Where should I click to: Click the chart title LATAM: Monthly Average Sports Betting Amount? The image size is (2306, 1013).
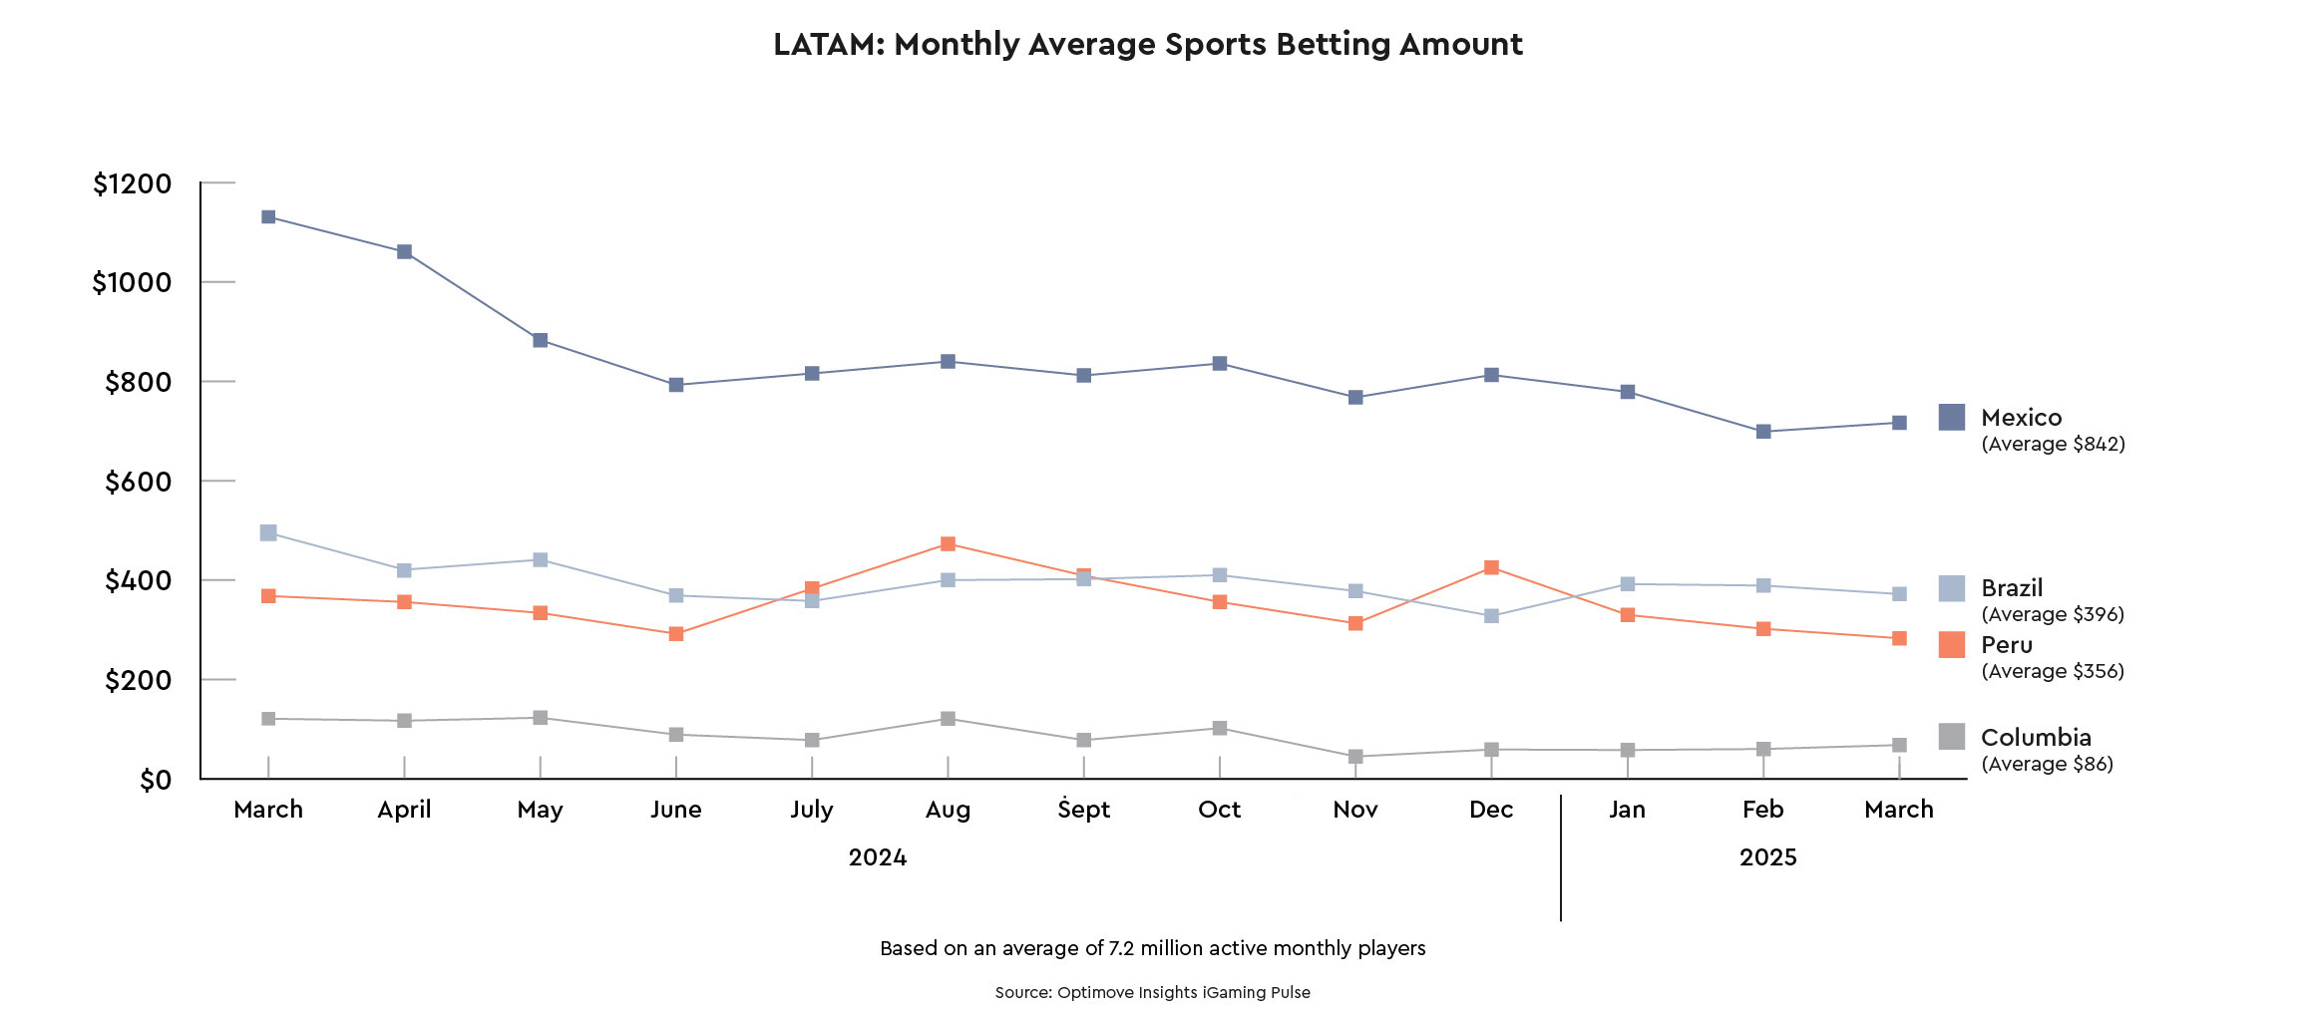tap(1148, 45)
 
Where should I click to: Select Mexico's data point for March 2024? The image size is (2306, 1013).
tap(268, 217)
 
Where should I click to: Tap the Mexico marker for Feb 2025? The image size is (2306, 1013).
tap(1763, 432)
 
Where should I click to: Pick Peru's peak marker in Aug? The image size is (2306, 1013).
tap(948, 544)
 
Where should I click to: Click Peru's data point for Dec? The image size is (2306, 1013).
tap(1491, 568)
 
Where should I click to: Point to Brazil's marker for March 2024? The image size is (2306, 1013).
tap(268, 533)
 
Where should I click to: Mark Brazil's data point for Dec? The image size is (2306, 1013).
tap(1491, 616)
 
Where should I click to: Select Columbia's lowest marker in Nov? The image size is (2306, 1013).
tap(1355, 757)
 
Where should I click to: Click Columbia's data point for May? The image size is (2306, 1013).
tap(540, 718)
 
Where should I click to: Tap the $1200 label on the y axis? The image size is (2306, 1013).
tap(133, 184)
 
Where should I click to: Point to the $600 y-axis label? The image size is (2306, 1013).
tap(139, 483)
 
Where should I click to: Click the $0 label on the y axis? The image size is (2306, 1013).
tap(156, 781)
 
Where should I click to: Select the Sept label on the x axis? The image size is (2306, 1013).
tap(1083, 810)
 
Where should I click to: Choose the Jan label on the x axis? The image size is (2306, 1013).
tap(1627, 810)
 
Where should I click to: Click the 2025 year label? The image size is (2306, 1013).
tap(1767, 857)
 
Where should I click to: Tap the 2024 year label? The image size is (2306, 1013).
tap(878, 857)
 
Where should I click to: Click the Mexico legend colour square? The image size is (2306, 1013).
tap(1952, 418)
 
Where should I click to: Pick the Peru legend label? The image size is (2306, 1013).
tap(2007, 645)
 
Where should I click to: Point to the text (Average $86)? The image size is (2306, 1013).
tap(2047, 765)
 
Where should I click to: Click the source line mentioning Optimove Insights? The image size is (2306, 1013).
tap(1153, 993)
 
